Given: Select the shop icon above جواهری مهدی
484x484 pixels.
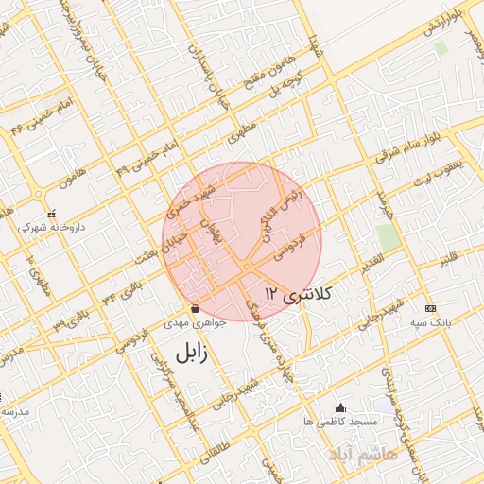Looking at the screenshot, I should [195, 309].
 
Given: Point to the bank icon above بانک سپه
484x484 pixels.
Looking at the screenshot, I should [430, 308].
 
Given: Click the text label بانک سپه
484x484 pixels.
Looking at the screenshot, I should [430, 323].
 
